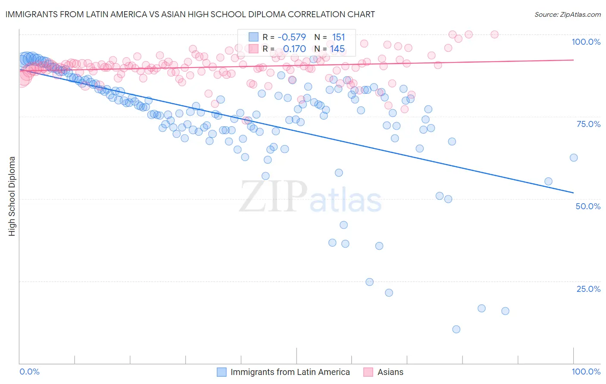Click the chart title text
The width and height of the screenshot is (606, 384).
pos(190,14)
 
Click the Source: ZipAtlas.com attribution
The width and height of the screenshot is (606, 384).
pos(567,14)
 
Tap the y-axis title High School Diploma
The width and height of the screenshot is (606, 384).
pos(12,196)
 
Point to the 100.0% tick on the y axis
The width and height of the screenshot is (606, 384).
pos(586,42)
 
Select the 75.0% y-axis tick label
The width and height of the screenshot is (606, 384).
pos(588,124)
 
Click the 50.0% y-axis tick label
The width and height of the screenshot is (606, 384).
pos(588,206)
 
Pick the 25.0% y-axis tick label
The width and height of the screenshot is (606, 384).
pos(588,289)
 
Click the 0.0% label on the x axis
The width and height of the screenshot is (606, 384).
pos(29,372)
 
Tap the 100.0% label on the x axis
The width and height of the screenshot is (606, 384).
pos(586,372)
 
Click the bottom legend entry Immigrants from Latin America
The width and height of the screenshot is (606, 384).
pos(290,372)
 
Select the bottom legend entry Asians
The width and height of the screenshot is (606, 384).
pos(390,372)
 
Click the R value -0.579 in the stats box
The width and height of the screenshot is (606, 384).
pos(292,37)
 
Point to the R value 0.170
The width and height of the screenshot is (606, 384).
pos(294,49)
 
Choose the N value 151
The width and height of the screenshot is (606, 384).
pos(338,37)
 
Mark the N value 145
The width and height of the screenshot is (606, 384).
pos(337,49)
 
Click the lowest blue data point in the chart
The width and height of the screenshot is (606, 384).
pos(456,329)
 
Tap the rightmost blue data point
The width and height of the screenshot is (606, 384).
pos(573,158)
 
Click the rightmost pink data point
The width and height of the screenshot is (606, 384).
pos(494,34)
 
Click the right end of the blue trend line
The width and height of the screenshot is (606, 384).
pos(573,192)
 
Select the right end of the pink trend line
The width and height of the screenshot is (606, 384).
pos(573,60)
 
